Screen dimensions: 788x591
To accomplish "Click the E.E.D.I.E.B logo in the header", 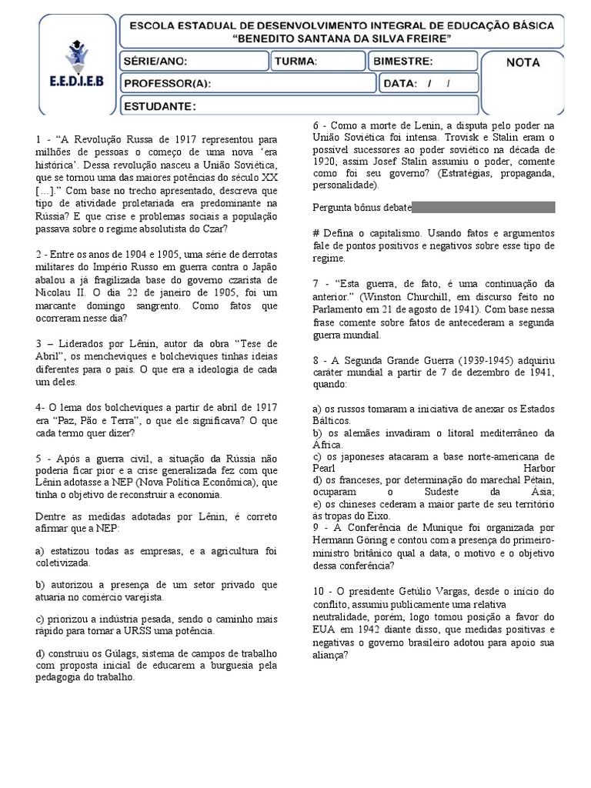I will pos(75,61).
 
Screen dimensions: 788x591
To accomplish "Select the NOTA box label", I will pos(523,62).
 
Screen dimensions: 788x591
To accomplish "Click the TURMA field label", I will pos(295,62).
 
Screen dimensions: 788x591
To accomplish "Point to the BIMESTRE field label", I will pos(402,62).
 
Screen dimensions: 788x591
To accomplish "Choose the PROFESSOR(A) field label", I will pos(167,83).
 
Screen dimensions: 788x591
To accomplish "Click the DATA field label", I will pos(400,83).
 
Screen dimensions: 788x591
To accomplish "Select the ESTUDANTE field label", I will pos(160,105).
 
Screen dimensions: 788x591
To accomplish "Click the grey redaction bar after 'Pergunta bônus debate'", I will pos(483,207).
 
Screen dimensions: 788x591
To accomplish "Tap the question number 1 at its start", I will pos(38,139).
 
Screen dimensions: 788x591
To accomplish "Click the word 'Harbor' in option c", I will pos(539,468).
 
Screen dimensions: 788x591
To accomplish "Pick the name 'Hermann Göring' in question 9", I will pos(349,540).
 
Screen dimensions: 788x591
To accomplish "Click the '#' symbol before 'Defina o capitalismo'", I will pos(316,233).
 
